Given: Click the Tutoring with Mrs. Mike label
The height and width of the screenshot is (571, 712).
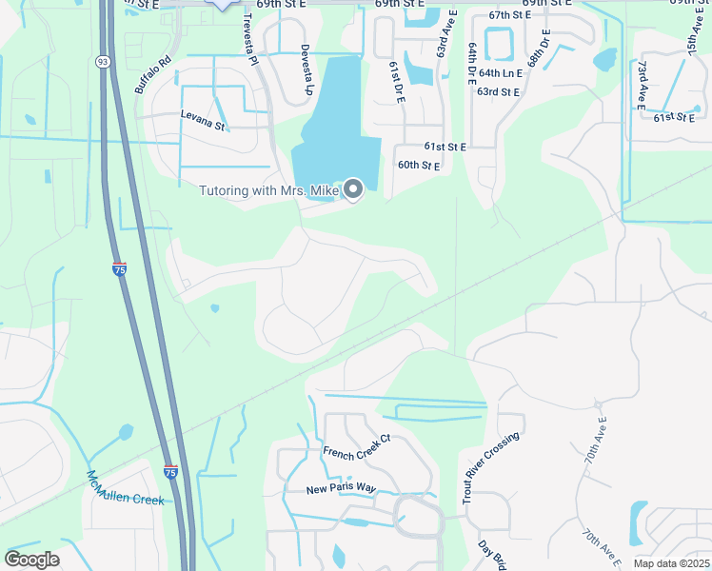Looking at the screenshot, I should click(x=268, y=191).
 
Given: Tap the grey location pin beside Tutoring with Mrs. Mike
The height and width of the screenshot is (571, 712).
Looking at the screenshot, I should click(x=353, y=190).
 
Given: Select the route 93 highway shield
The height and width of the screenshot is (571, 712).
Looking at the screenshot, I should click(x=102, y=61).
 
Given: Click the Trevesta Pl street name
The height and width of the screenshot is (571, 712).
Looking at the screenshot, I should click(x=250, y=43).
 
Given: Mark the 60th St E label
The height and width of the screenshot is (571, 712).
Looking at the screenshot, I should click(x=418, y=166).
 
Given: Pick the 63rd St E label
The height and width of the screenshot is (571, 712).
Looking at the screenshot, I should click(x=498, y=91).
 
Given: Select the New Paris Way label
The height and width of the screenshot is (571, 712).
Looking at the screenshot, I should click(x=342, y=489).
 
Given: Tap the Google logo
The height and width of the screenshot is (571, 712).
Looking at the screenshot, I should click(x=31, y=560).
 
